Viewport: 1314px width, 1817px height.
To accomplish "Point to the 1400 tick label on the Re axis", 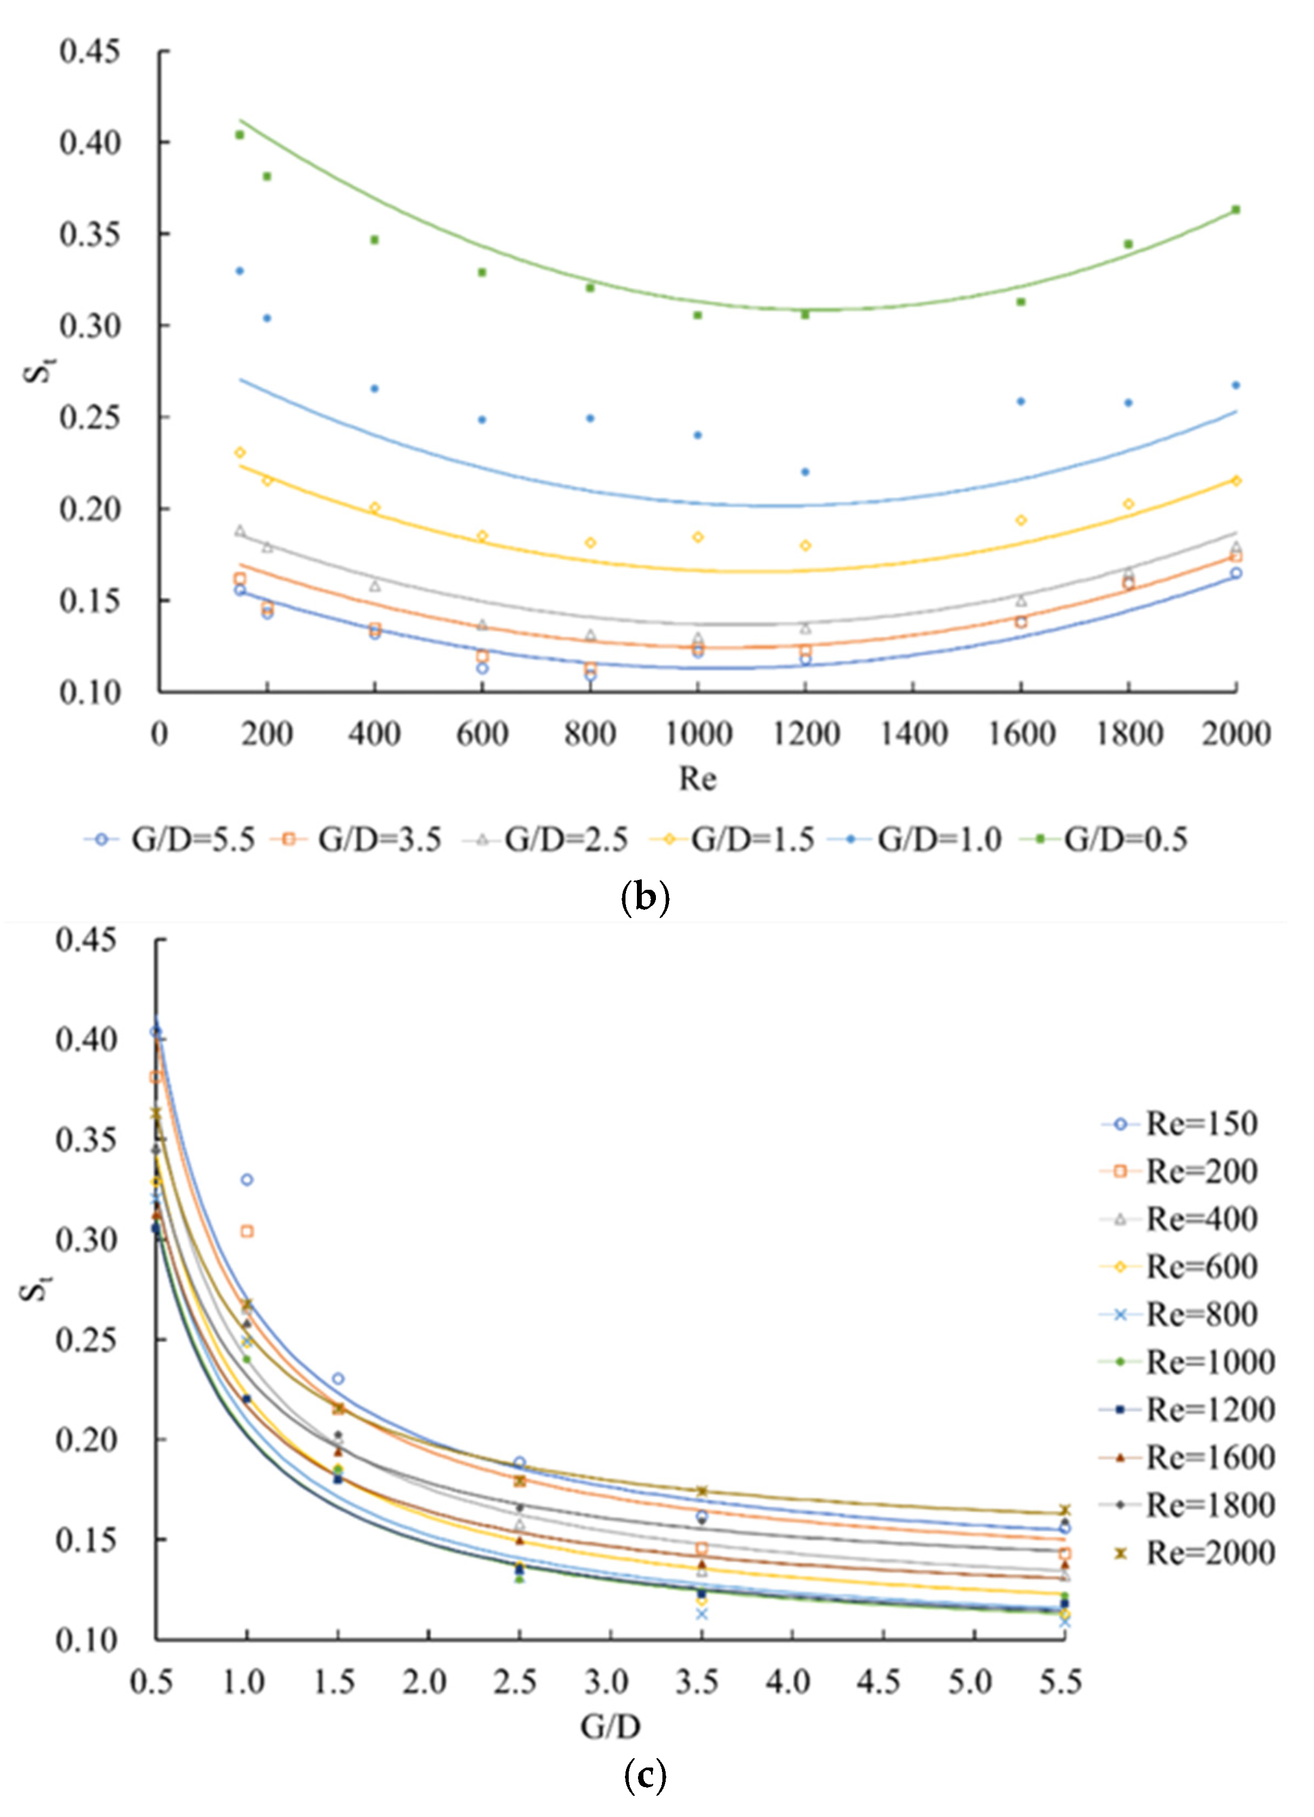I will click(x=913, y=733).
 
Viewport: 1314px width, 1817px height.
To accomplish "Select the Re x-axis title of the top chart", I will click(x=697, y=778).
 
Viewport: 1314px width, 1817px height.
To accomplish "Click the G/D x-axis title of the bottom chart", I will click(x=610, y=1727).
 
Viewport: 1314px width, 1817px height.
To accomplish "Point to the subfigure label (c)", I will click(x=645, y=1776).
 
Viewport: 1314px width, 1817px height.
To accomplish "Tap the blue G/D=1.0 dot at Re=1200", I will click(x=805, y=472).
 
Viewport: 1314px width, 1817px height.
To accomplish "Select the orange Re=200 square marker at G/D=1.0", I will click(x=247, y=1231).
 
